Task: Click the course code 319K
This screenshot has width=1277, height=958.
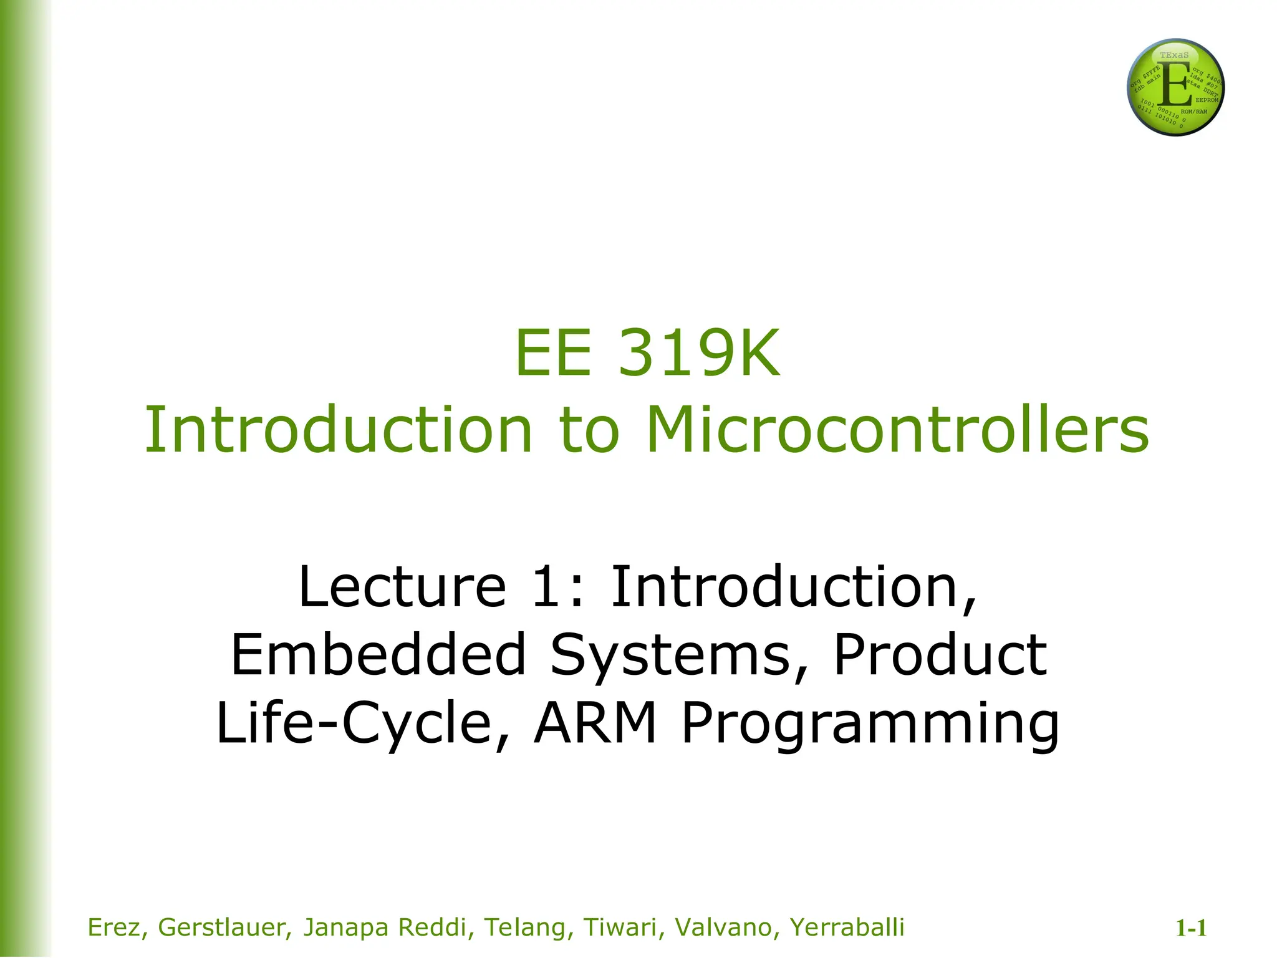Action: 698,354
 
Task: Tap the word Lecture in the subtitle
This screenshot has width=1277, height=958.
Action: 402,587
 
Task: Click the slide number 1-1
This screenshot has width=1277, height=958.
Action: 1191,929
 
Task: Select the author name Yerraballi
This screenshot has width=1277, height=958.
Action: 846,927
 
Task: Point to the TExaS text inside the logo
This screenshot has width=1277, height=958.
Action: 1174,55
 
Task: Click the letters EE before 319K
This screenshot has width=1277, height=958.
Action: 552,354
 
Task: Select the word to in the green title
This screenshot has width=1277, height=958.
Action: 589,430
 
